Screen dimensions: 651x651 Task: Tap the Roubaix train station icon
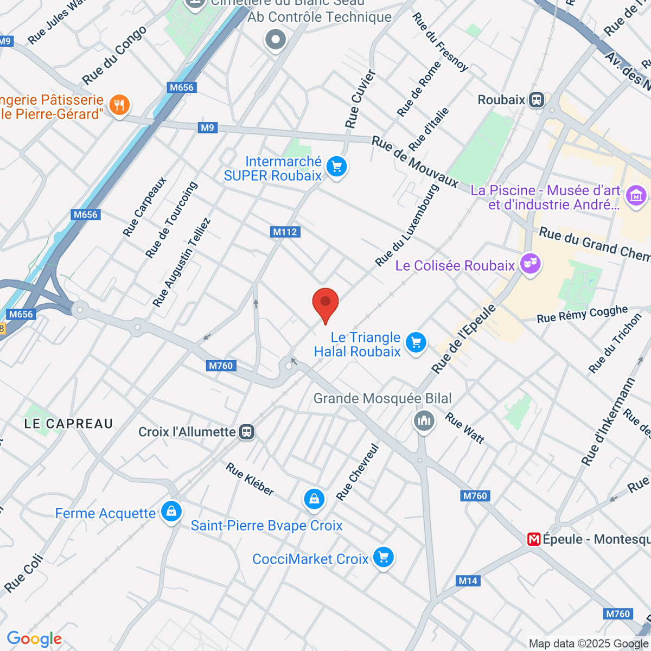537,100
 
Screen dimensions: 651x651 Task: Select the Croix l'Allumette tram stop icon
247,432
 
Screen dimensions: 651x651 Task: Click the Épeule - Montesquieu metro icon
534,539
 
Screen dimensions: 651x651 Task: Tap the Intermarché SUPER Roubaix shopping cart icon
336,167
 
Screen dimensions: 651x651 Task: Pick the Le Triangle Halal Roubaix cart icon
416,343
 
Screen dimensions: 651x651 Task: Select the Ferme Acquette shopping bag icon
171,512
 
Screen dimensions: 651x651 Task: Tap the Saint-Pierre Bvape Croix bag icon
314,499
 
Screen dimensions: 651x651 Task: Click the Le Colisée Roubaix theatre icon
530,264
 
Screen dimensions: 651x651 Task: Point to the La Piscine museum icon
636,195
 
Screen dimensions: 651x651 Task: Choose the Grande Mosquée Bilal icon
424,420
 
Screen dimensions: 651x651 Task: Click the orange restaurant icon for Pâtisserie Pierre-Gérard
119,105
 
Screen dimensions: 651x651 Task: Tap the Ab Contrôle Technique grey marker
276,40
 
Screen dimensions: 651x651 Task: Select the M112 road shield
285,232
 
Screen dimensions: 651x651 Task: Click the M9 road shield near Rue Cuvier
208,127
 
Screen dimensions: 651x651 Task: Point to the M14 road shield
468,581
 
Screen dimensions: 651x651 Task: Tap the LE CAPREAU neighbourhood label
69,424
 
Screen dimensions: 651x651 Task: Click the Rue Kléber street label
250,479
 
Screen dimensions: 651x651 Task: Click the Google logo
34,639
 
